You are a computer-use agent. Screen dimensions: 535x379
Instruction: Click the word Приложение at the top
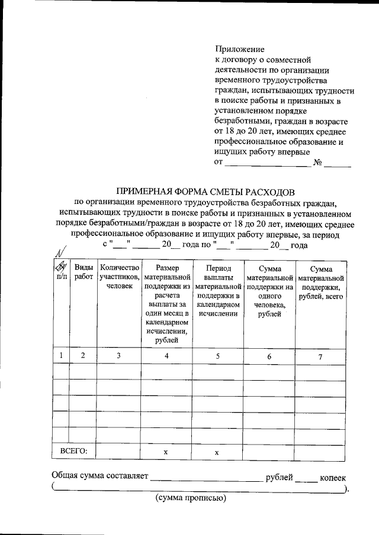pos(238,50)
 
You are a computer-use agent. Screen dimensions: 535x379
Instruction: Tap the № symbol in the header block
pos(317,163)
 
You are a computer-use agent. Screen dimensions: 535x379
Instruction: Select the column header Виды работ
pos(83,273)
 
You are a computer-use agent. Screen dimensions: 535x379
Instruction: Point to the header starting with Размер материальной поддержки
pos(166,304)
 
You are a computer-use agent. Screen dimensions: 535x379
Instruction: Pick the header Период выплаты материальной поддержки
pos(217,291)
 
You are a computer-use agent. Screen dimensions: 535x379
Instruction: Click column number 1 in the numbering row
pos(61,355)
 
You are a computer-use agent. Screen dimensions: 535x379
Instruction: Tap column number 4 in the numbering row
pos(166,356)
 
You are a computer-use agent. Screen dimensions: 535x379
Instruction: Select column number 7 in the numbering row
pos(320,356)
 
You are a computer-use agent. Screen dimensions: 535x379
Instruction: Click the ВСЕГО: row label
pos(74,451)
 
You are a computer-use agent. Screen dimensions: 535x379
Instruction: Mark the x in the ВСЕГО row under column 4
pos(166,452)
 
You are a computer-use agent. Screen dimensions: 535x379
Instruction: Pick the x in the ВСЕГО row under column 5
pos(217,452)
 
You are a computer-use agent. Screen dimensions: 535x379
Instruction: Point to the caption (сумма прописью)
pos(191,498)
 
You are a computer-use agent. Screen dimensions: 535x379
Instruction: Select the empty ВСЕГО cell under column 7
pos(320,452)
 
